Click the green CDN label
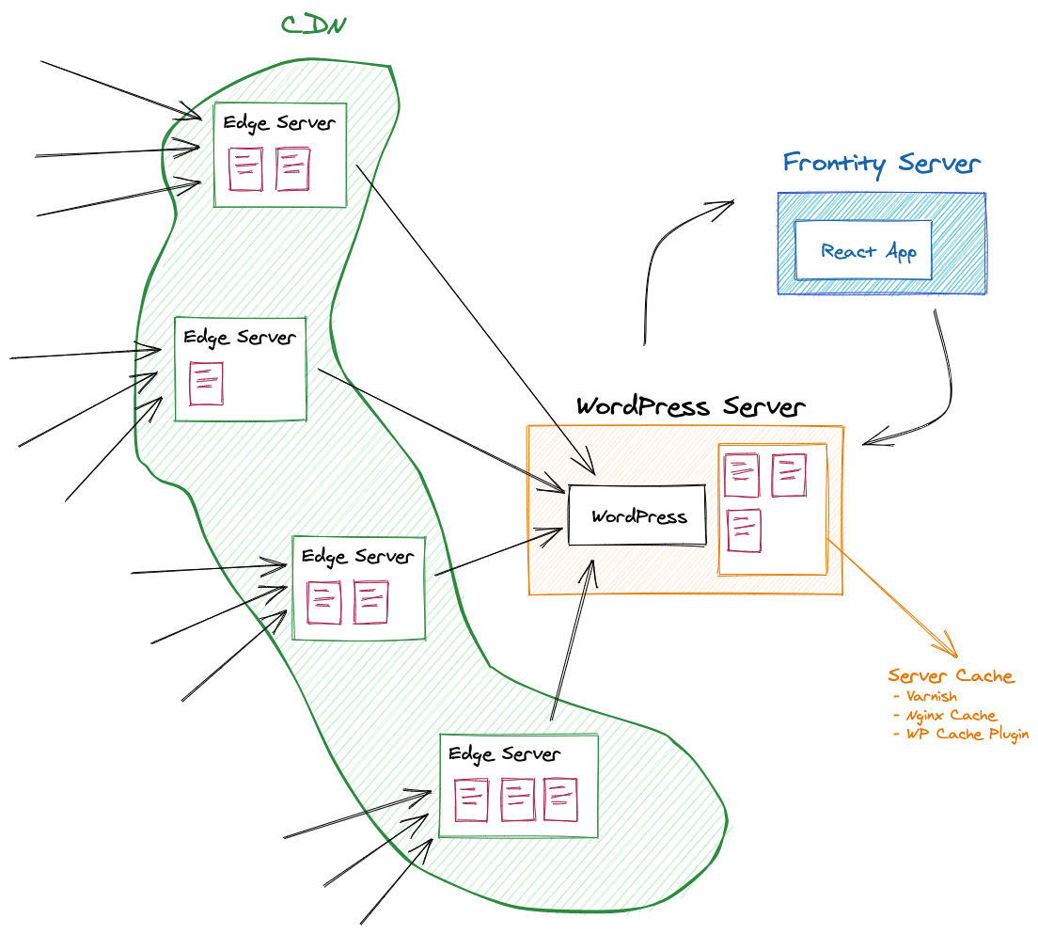coord(314,24)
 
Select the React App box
coord(863,250)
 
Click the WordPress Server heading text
coord(690,407)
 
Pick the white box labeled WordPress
coord(637,515)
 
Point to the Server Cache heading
coord(951,675)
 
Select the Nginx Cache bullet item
coord(944,716)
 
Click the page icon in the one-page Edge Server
coord(206,384)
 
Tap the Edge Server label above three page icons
coord(504,754)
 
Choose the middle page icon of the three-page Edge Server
coord(517,799)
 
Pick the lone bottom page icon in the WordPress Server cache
coord(743,530)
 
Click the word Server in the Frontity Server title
coord(938,163)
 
